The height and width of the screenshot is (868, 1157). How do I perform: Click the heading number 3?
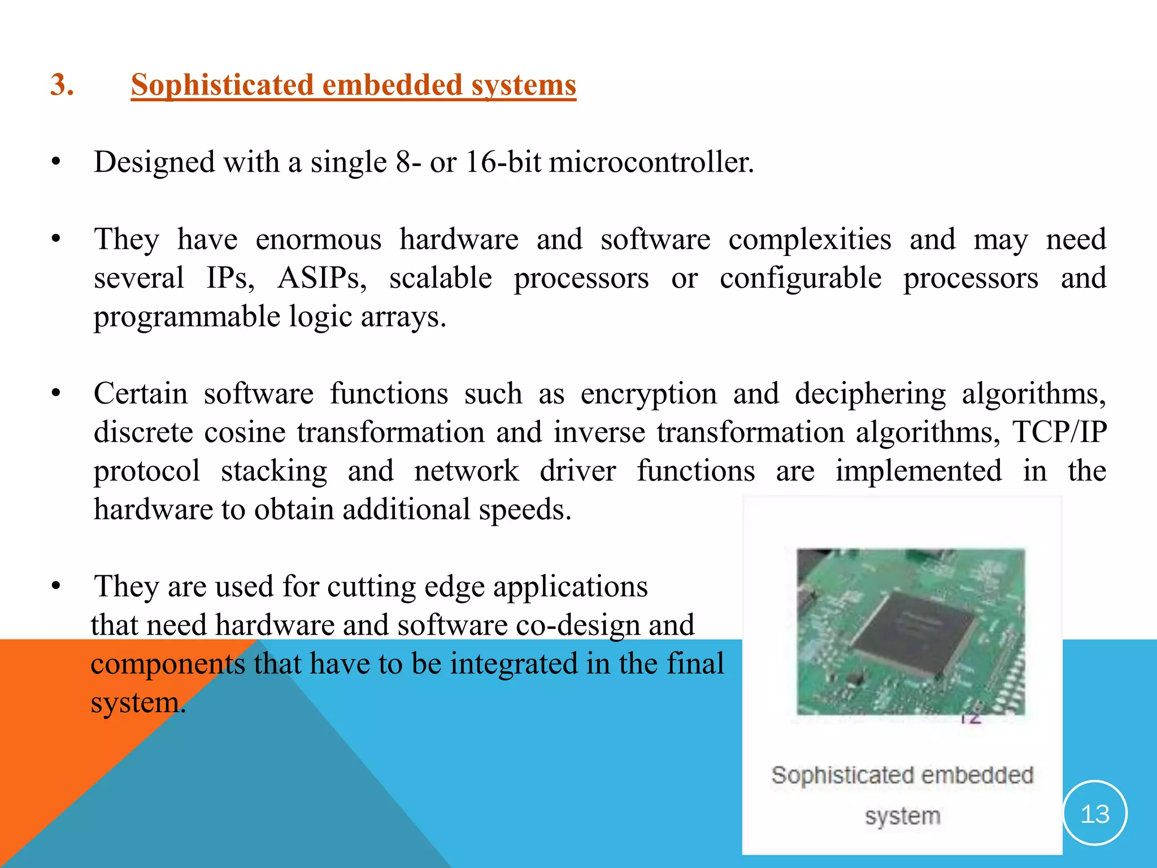[x=62, y=85]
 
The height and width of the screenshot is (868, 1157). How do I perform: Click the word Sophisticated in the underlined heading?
[x=222, y=85]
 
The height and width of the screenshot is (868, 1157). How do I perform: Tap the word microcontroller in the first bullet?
[x=651, y=162]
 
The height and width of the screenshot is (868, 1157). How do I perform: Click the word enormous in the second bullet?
[x=318, y=240]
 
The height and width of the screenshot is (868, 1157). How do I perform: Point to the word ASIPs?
[x=322, y=278]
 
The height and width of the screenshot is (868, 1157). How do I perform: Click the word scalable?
[x=440, y=278]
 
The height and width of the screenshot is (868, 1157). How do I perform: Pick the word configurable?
[x=800, y=278]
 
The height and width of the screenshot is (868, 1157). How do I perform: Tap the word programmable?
[x=186, y=316]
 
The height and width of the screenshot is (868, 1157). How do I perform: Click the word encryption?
[x=648, y=394]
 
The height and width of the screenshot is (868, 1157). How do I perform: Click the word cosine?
[x=245, y=432]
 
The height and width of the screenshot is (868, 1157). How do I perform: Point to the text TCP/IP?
[x=1059, y=432]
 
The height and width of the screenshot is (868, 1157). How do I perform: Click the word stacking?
[x=273, y=471]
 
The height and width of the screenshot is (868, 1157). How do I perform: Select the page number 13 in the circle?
[x=1094, y=814]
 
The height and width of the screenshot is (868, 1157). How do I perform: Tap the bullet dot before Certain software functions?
[x=55, y=394]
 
